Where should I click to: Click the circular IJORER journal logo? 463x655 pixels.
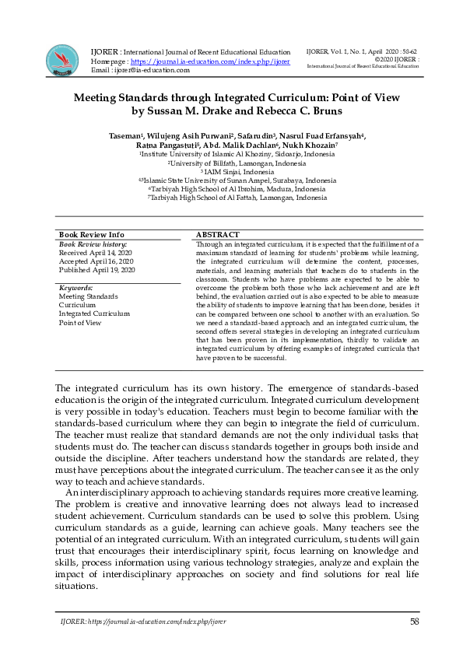(x=62, y=60)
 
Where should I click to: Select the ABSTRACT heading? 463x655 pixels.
(x=217, y=234)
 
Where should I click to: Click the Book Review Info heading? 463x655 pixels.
(x=91, y=234)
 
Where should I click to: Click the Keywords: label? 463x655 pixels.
(x=79, y=288)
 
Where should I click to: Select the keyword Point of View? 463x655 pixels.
(x=80, y=322)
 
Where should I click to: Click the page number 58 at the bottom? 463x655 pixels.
(x=415, y=622)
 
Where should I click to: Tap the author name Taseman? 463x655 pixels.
(x=124, y=137)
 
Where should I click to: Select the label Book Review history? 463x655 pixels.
(x=93, y=244)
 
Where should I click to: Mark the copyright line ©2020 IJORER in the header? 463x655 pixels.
(x=397, y=59)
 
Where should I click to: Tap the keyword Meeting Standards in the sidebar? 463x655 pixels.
(x=88, y=296)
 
